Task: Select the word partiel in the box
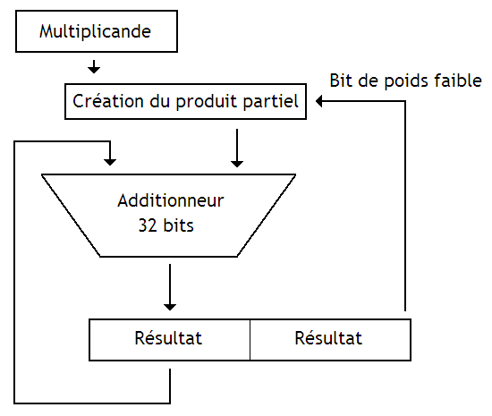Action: (272, 101)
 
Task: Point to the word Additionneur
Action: (170, 200)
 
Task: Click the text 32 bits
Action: (165, 225)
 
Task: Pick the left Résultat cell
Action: (168, 338)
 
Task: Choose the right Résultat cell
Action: (328, 338)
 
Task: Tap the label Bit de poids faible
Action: (405, 80)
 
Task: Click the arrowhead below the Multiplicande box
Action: (94, 68)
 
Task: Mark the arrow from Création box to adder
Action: (236, 148)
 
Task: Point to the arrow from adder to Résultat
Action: (168, 286)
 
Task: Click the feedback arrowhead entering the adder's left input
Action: (110, 160)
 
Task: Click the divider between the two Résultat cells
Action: (249, 339)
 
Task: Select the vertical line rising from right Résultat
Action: (406, 206)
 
